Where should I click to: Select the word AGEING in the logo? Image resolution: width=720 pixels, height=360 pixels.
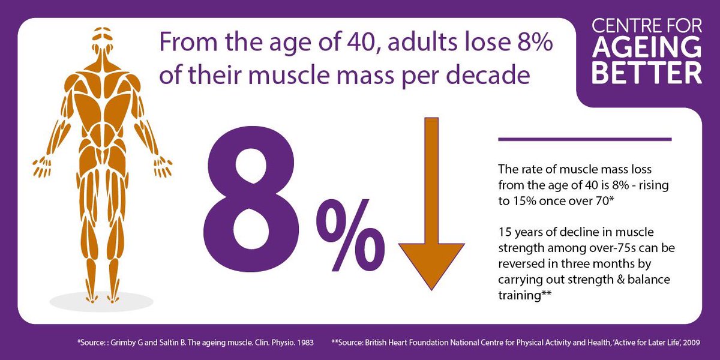pos(647,49)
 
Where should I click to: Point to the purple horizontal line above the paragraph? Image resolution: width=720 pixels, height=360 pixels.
pos(584,139)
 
